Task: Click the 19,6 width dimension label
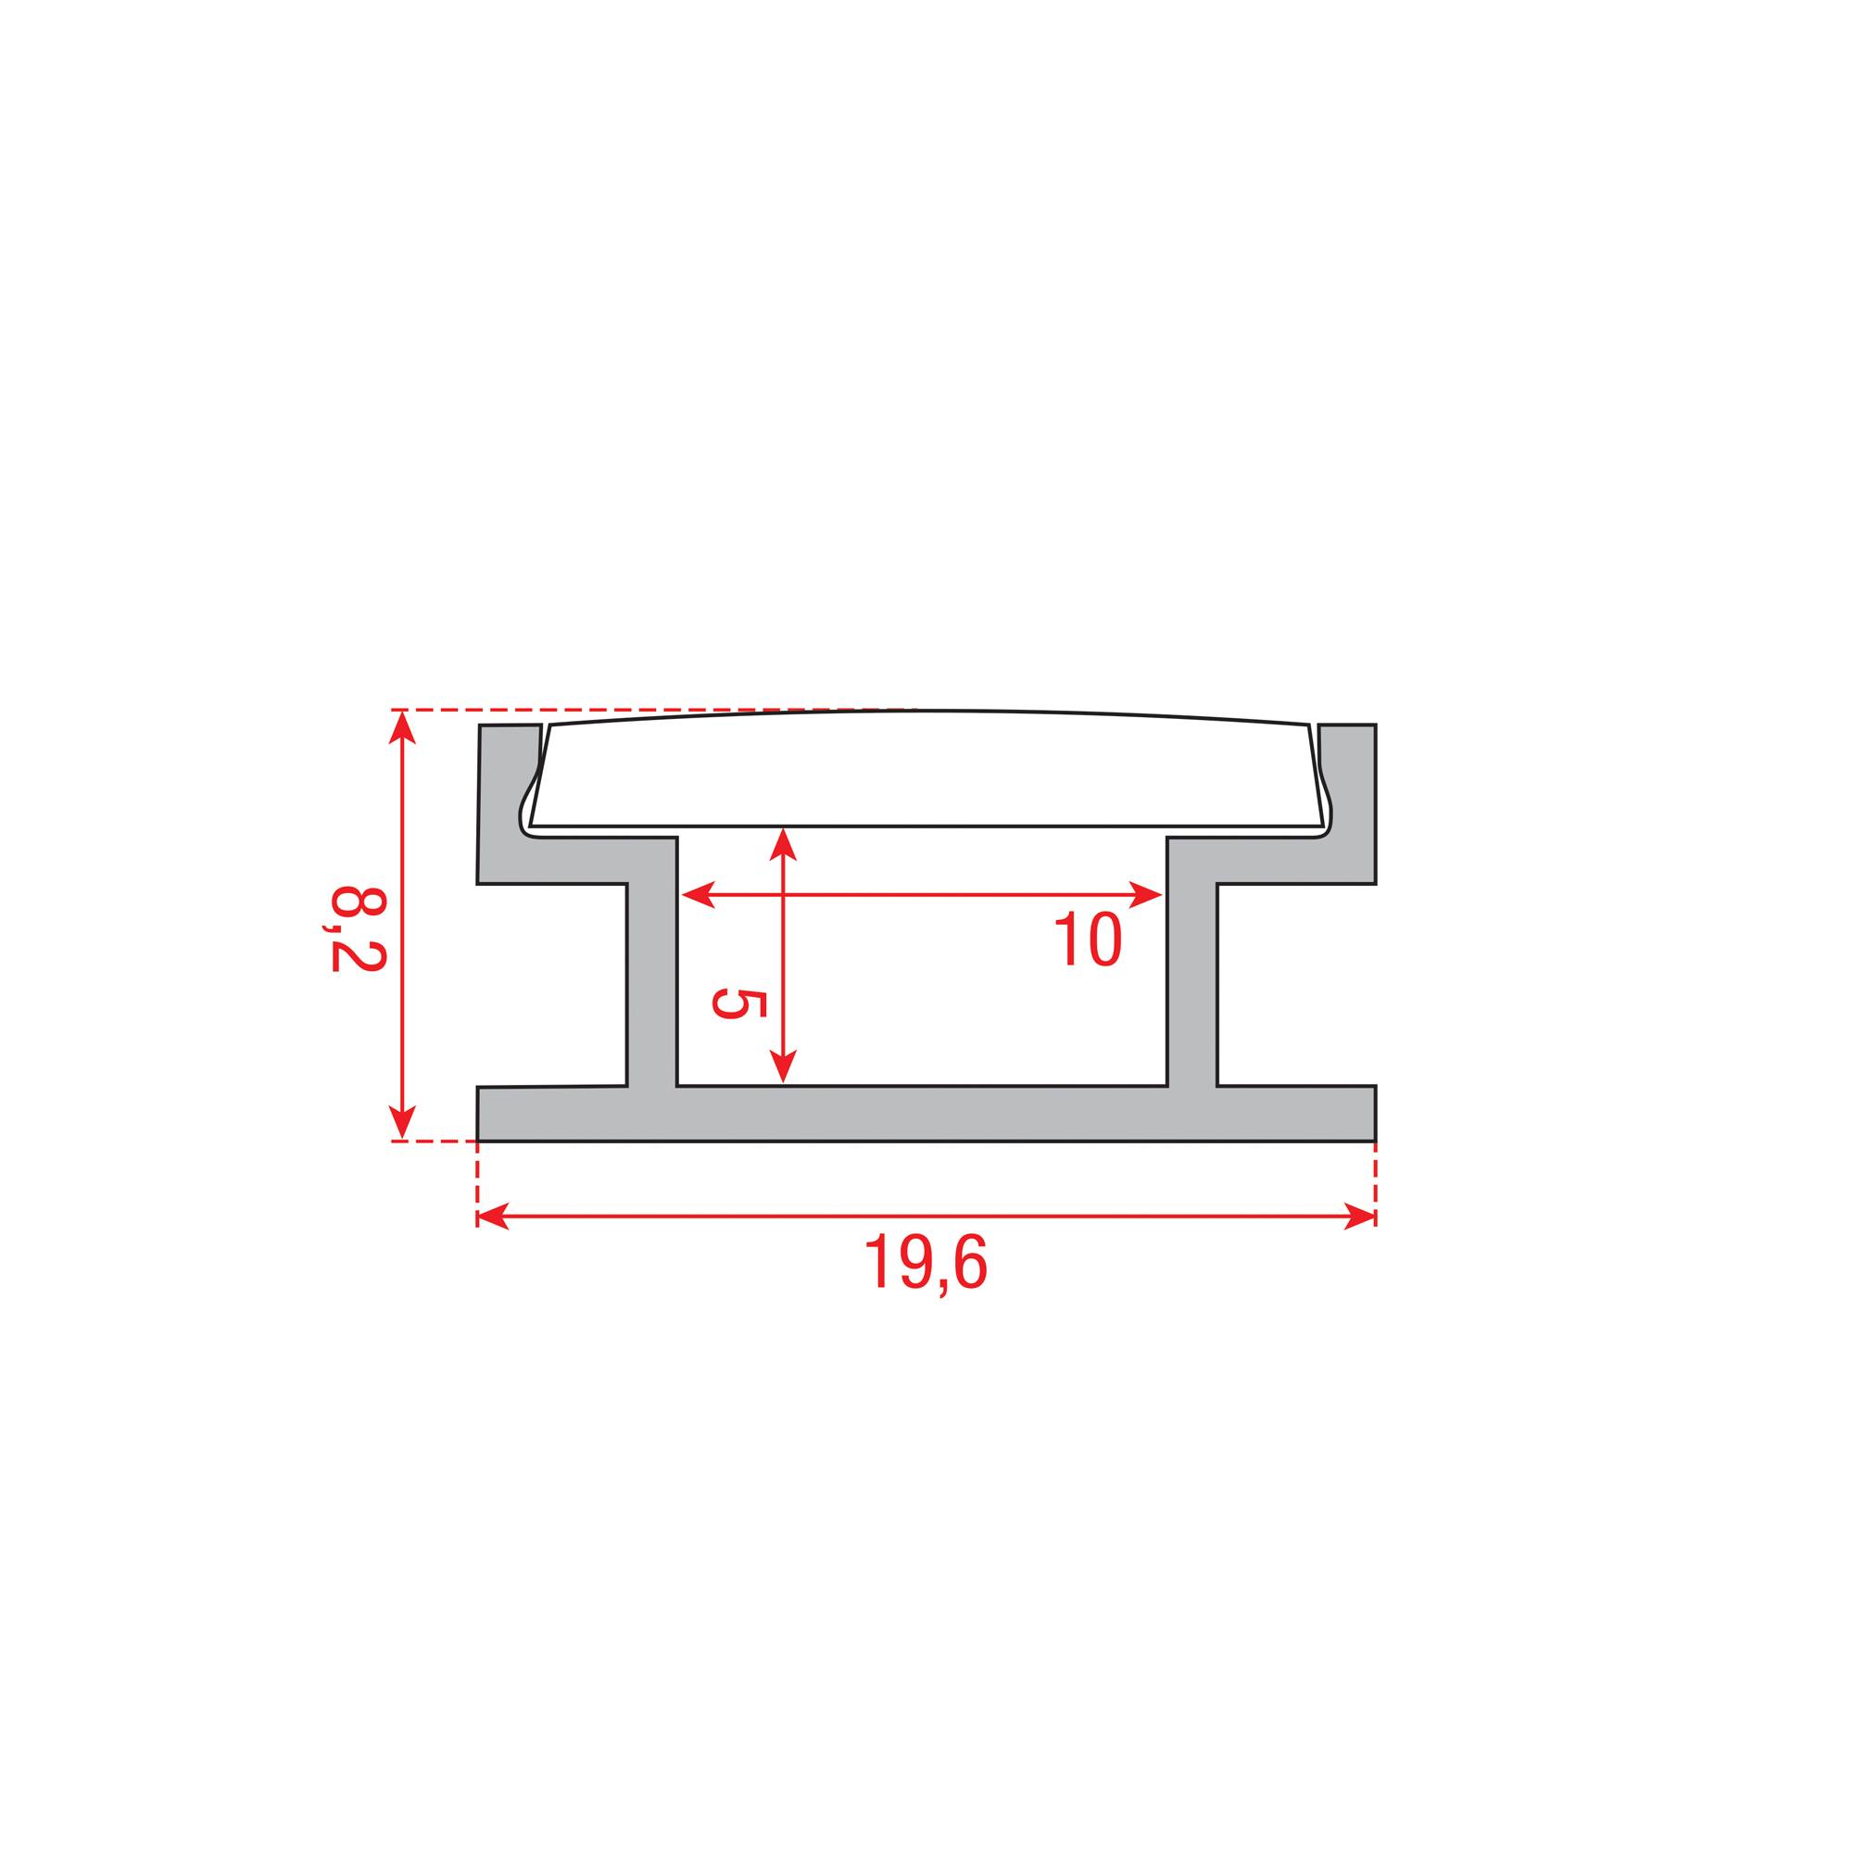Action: (926, 1265)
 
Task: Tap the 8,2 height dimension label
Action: (358, 928)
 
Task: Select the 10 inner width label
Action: (1088, 939)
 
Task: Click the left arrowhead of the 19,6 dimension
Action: (492, 1217)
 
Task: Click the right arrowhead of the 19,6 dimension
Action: (1361, 1217)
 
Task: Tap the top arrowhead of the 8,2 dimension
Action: (403, 727)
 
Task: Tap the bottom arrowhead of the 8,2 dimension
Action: (403, 1122)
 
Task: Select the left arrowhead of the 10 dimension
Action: (697, 895)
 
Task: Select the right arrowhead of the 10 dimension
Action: (1147, 895)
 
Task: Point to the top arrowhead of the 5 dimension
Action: (784, 844)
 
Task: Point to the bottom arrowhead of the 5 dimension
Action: (784, 1067)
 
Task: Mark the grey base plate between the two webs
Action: (921, 1113)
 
